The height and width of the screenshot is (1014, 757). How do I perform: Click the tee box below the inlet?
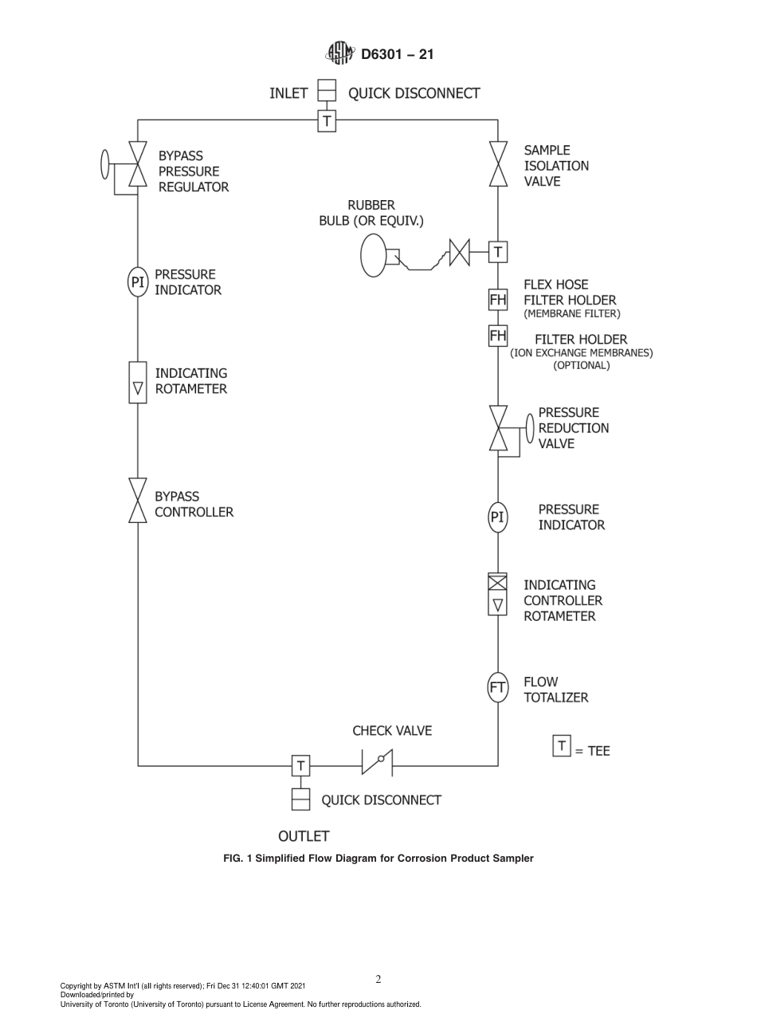pyautogui.click(x=327, y=121)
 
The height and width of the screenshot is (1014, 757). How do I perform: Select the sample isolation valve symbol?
pyautogui.click(x=498, y=165)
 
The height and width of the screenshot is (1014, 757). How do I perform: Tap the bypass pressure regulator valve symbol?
pyautogui.click(x=138, y=166)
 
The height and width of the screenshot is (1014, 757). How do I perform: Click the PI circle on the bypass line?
pyautogui.click(x=138, y=281)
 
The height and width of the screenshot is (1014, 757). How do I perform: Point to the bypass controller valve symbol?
pyautogui.click(x=138, y=501)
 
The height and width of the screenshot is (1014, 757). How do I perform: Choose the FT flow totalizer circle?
pyautogui.click(x=498, y=688)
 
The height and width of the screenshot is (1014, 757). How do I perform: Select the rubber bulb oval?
pyautogui.click(x=373, y=254)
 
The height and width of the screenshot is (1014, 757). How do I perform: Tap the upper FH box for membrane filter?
pyautogui.click(x=498, y=300)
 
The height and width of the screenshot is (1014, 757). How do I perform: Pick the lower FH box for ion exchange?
pyautogui.click(x=498, y=336)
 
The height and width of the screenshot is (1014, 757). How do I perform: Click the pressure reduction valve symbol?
pyautogui.click(x=498, y=428)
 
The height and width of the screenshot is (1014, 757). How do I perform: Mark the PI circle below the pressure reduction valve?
pyautogui.click(x=498, y=517)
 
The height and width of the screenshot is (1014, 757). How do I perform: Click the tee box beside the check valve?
pyautogui.click(x=300, y=765)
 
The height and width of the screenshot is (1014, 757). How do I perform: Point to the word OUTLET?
pyautogui.click(x=303, y=836)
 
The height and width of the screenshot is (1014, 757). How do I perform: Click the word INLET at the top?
pyautogui.click(x=288, y=93)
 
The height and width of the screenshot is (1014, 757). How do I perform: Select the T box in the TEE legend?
pyautogui.click(x=562, y=747)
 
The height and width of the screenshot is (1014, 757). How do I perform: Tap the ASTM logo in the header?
pyautogui.click(x=340, y=54)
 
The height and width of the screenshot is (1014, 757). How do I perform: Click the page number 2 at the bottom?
pyautogui.click(x=378, y=980)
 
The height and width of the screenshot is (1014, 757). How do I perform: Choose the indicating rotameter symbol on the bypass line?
pyautogui.click(x=138, y=383)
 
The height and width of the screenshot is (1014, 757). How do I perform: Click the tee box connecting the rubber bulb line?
pyautogui.click(x=498, y=253)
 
